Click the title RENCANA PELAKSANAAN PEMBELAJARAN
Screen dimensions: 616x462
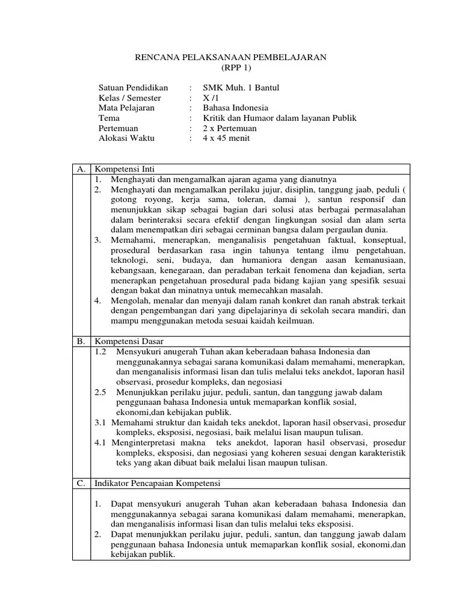point(230,57)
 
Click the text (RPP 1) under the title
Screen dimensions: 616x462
point(230,67)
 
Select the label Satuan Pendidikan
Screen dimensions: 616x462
point(133,88)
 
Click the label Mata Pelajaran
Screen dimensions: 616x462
point(126,108)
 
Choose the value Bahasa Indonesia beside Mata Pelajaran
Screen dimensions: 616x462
point(235,108)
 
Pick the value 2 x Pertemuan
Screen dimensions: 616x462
point(229,128)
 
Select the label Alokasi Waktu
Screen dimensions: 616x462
point(126,138)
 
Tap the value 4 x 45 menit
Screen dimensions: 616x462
point(226,138)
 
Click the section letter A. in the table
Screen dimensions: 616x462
point(81,169)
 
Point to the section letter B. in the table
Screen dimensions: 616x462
point(81,341)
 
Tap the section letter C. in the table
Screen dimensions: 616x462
point(81,483)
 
